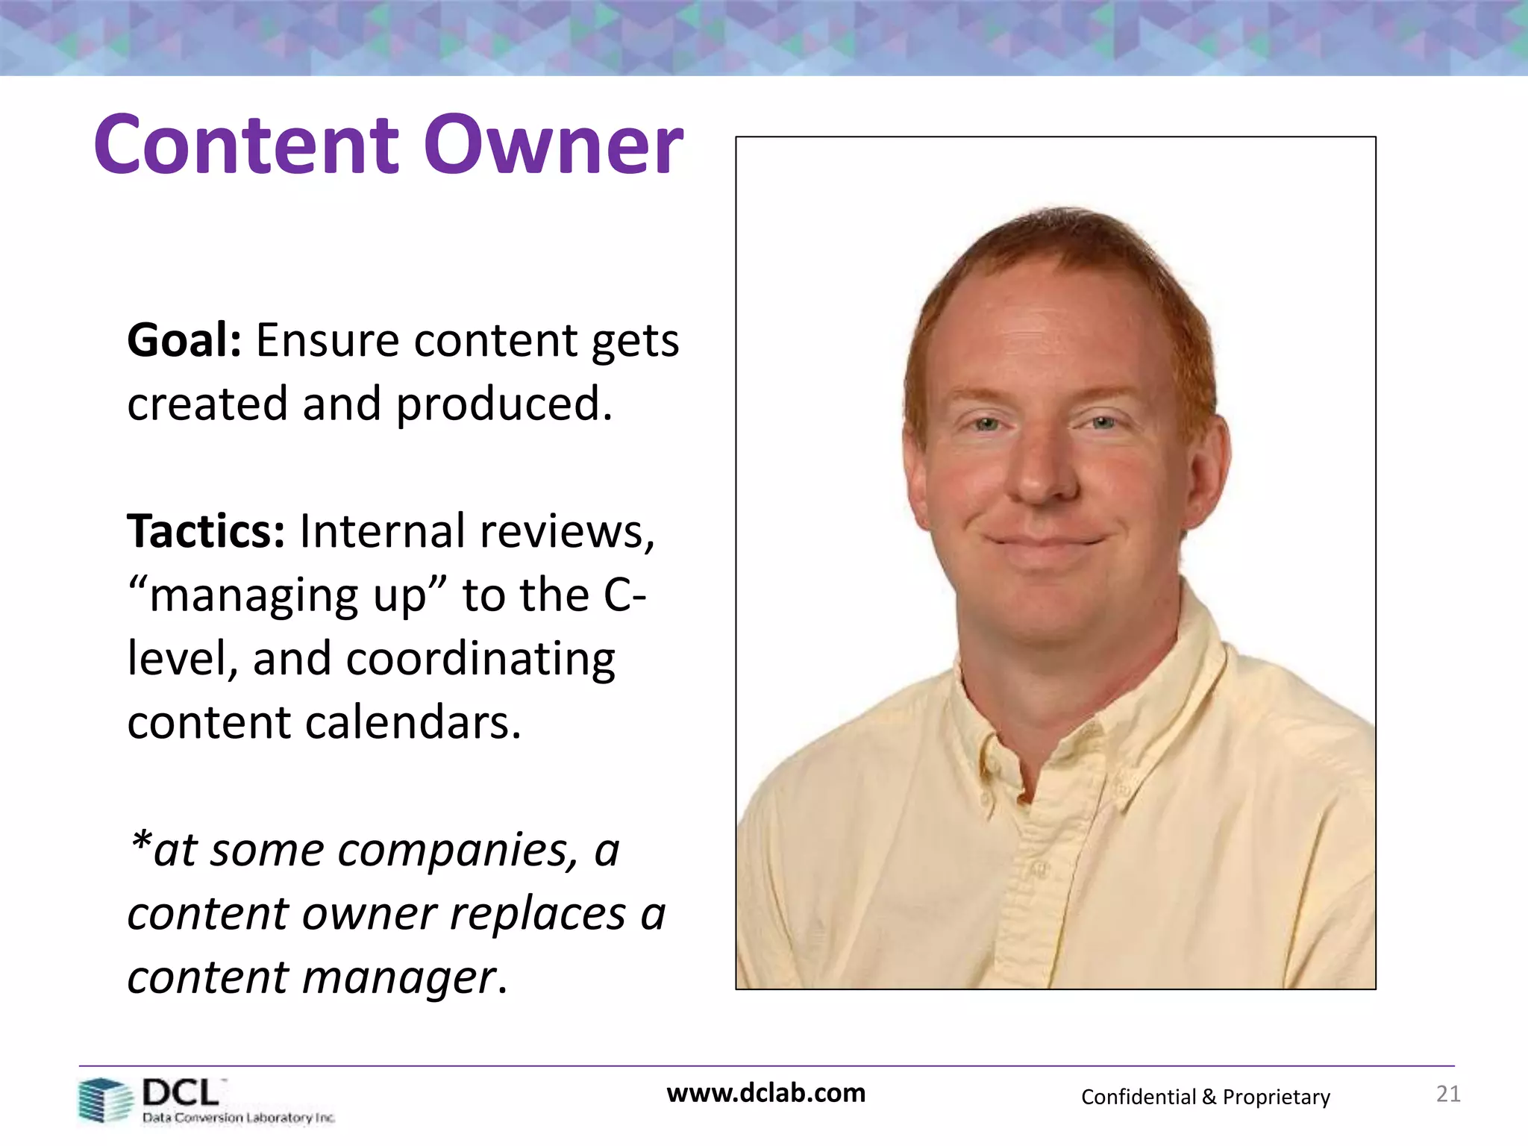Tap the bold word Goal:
[184, 341]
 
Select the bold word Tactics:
[206, 532]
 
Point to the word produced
[504, 404]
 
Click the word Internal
[381, 532]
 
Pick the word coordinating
[480, 660]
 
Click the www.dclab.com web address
[766, 1093]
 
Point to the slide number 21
[1448, 1094]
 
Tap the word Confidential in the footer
[1138, 1097]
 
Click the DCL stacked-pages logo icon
[104, 1100]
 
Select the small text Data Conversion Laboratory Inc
[239, 1118]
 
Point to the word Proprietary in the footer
[1276, 1098]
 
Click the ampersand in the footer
[1209, 1097]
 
